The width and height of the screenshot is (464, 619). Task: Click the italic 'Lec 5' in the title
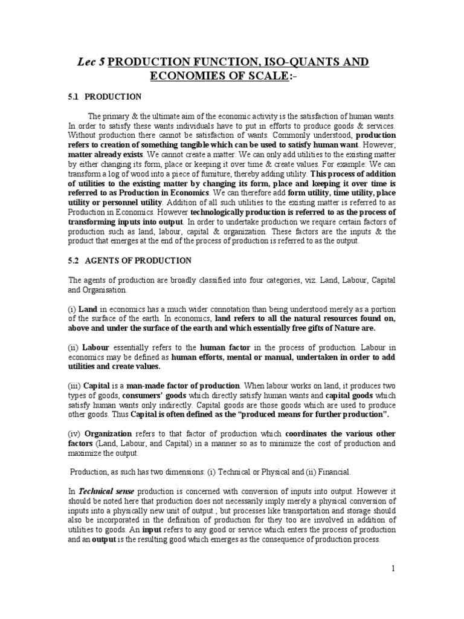(x=91, y=63)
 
